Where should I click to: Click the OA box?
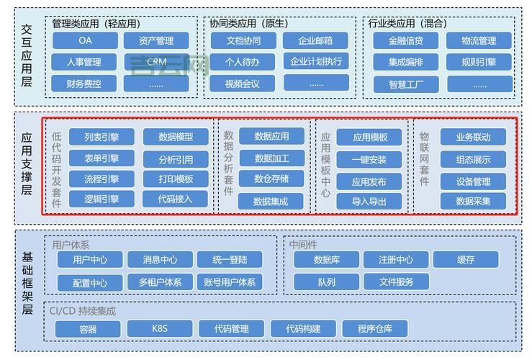pyautogui.click(x=85, y=40)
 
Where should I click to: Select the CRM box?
pyautogui.click(x=156, y=62)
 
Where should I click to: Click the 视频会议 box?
pyautogui.click(x=242, y=84)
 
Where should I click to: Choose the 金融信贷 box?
pyautogui.click(x=406, y=40)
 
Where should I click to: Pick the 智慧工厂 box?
pyautogui.click(x=406, y=84)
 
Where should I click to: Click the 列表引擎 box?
pyautogui.click(x=102, y=137)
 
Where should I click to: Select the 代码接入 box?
pyautogui.click(x=175, y=199)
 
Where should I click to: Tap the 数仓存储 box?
pyautogui.click(x=271, y=179)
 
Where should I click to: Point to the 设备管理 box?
pyautogui.click(x=473, y=181)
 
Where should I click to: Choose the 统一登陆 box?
pyautogui.click(x=230, y=260)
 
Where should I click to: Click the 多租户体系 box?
pyautogui.click(x=160, y=282)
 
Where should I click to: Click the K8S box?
pyautogui.click(x=159, y=329)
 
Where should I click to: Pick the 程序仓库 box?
pyautogui.click(x=375, y=329)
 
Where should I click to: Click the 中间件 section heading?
pyautogui.click(x=303, y=245)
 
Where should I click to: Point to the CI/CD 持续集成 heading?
pyautogui.click(x=82, y=311)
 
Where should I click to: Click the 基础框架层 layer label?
pyautogui.click(x=27, y=284)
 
